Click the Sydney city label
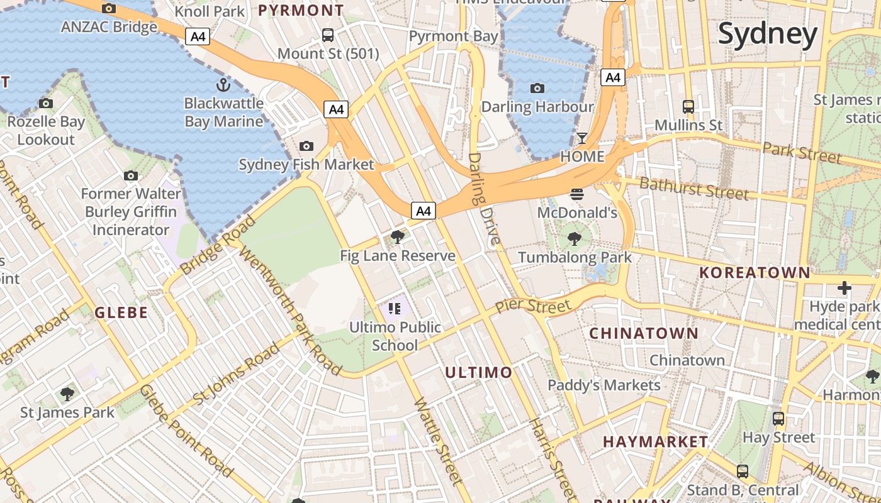(768, 35)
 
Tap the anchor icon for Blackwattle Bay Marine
(223, 84)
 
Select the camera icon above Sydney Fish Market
(306, 146)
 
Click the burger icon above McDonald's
(577, 194)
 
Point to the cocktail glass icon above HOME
(582, 138)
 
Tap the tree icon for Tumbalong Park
(574, 238)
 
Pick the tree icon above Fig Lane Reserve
(397, 237)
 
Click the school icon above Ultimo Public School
(395, 308)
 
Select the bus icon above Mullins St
(688, 106)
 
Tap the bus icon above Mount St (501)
(328, 35)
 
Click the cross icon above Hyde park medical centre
(844, 288)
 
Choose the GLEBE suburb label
(121, 312)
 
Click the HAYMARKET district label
(656, 442)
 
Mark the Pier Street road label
(532, 307)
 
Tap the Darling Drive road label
(484, 198)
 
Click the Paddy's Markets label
(604, 385)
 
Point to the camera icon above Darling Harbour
(537, 88)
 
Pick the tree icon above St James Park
(67, 394)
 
